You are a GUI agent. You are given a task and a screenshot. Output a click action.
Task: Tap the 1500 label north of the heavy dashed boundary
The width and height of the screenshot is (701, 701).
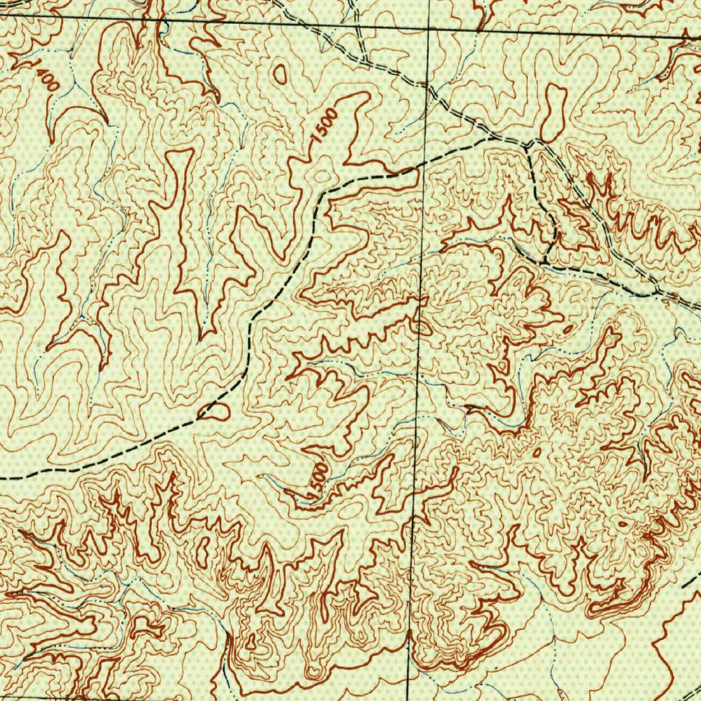pyautogui.click(x=323, y=125)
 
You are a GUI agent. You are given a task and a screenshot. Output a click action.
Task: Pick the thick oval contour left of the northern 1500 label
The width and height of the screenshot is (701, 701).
pyautogui.click(x=280, y=74)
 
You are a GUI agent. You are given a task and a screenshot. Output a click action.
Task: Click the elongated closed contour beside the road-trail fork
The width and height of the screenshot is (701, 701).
pyautogui.click(x=553, y=112)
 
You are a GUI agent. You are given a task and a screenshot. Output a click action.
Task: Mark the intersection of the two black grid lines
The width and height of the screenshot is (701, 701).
pyautogui.click(x=428, y=29)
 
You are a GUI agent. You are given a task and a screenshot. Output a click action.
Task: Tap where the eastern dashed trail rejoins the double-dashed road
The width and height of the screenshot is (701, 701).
pyautogui.click(x=656, y=292)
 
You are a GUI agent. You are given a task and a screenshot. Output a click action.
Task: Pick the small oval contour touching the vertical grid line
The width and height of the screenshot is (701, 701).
pyautogui.click(x=422, y=327)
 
